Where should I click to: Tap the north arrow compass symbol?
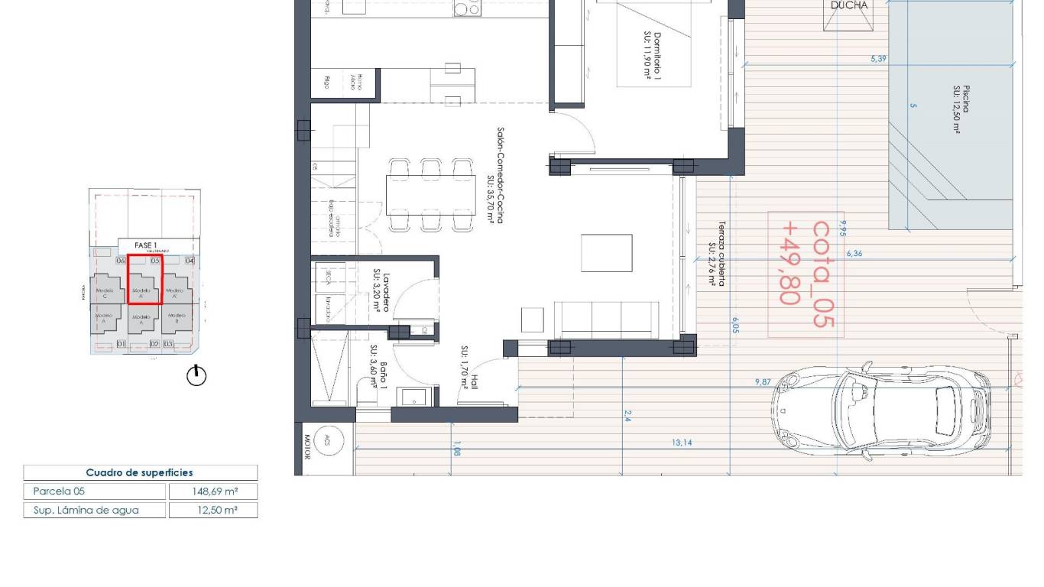coord(196,375)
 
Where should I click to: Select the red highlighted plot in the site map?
coord(144,279)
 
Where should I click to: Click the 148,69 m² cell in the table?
coord(212,491)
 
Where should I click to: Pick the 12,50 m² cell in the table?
coord(212,510)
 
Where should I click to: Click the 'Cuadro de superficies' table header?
coord(140,473)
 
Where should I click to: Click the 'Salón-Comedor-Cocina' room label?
coord(495,176)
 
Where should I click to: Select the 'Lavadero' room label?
coord(382,291)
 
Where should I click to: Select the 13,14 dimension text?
coord(682,443)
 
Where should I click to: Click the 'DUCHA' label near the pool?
coord(849,6)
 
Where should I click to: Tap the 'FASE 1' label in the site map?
coord(145,245)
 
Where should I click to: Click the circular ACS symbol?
coord(328,440)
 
